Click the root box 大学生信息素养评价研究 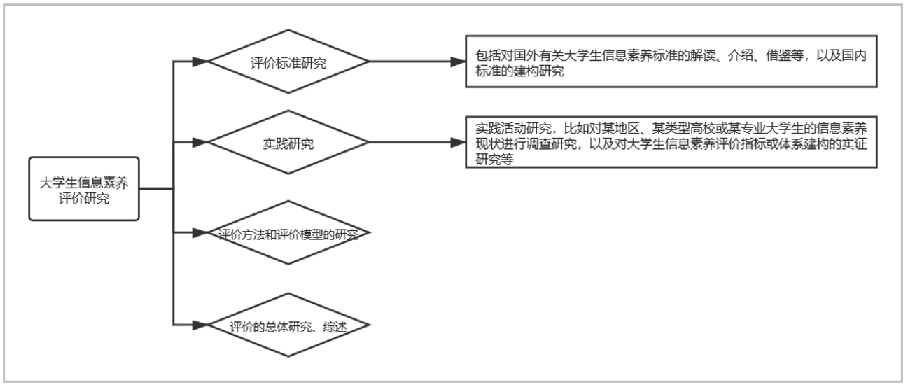coord(84,189)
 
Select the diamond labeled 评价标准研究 coord(288,62)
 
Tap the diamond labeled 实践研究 coord(288,142)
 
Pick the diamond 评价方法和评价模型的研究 coord(288,232)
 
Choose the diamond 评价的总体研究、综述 coord(288,325)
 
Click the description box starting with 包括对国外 coord(671,62)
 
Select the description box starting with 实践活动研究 coord(671,142)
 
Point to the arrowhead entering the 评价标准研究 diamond coord(200,62)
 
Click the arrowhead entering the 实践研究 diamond coord(200,142)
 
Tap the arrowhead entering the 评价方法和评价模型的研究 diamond coord(200,232)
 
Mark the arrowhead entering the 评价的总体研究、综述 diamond coord(200,325)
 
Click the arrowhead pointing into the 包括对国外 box coord(458,62)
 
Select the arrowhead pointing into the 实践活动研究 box coord(458,142)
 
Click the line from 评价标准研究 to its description coord(410,62)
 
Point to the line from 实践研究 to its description coord(410,142)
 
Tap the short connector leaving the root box coord(156,189)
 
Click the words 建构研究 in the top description coord(539,71)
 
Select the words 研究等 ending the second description coord(494,160)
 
